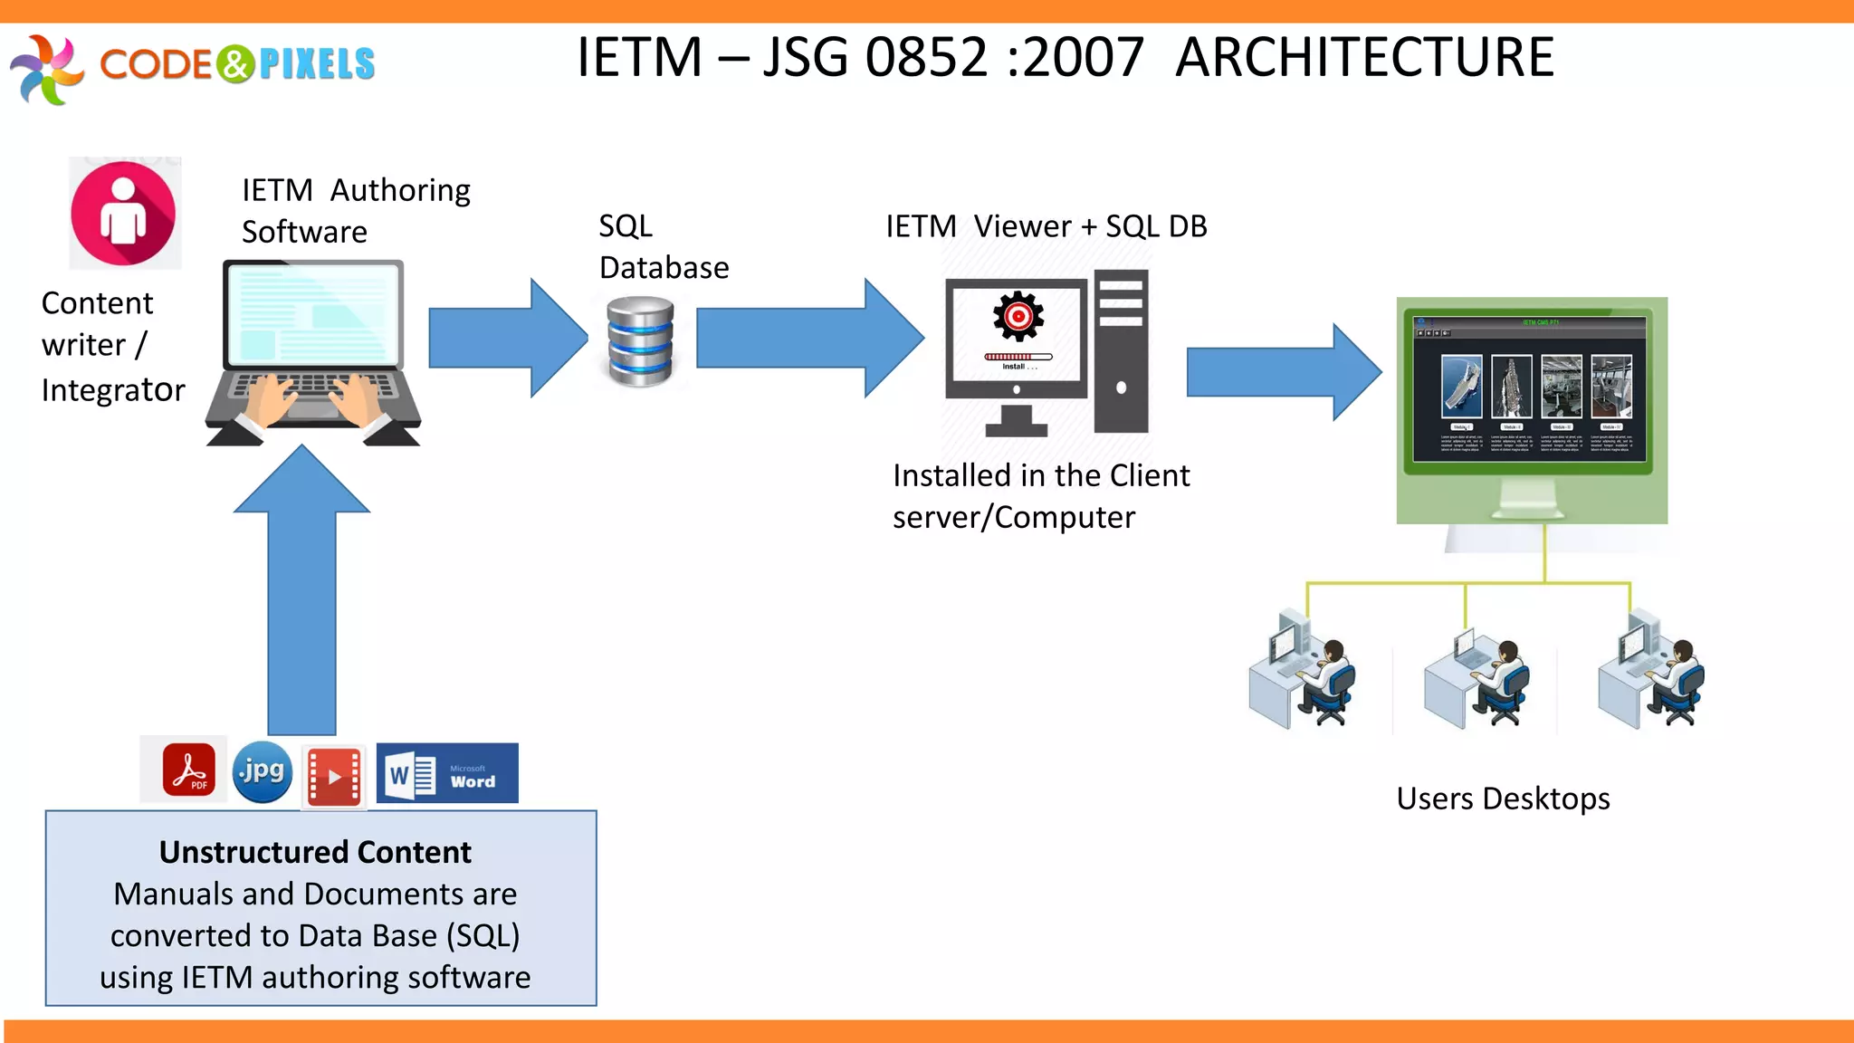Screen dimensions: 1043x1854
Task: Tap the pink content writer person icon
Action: coord(124,214)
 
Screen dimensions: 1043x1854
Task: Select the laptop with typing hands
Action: coord(313,353)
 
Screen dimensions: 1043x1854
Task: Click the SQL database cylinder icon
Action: coord(640,341)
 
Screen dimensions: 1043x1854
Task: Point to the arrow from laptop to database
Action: coord(507,338)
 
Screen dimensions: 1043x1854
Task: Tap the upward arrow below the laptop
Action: coord(302,588)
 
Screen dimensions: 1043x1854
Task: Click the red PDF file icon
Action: coord(189,770)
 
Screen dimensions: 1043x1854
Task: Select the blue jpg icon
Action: coord(263,772)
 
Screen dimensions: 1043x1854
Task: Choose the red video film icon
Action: coord(334,776)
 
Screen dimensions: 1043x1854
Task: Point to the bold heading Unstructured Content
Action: coord(315,852)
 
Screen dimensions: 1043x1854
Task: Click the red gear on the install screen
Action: coord(1018,316)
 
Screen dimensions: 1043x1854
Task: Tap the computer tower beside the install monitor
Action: coord(1121,351)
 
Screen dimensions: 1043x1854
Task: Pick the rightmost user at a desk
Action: coord(1651,670)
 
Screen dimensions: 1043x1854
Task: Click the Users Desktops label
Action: coord(1503,799)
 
